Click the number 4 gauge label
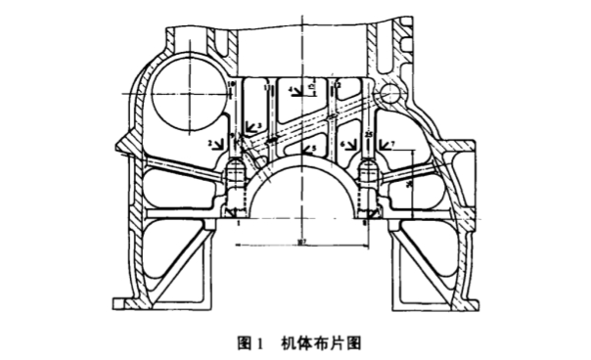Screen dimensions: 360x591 pyautogui.click(x=291, y=90)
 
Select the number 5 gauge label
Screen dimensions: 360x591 pyautogui.click(x=314, y=150)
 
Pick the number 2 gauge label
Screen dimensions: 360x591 pyautogui.click(x=210, y=144)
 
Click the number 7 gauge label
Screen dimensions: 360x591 pyautogui.click(x=393, y=144)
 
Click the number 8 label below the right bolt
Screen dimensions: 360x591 pyautogui.click(x=365, y=223)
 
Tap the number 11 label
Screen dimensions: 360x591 pyautogui.click(x=267, y=88)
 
